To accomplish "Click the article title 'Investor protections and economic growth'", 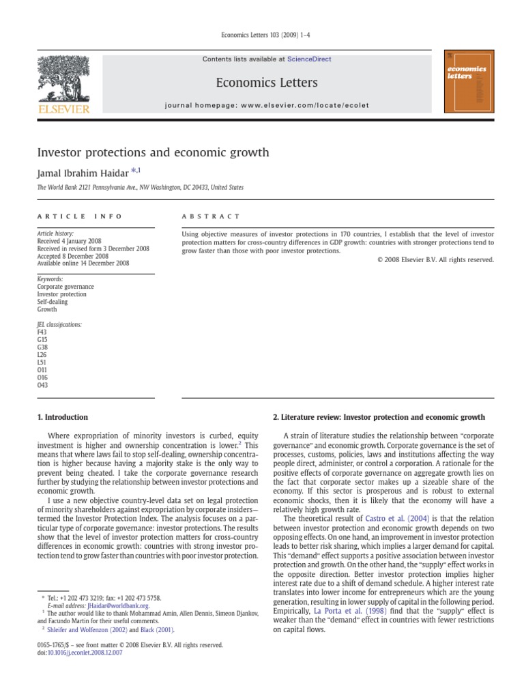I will [154, 152].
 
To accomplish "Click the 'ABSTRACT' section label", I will [211, 216].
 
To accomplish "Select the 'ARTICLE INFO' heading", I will [80, 216].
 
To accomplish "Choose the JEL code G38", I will [42, 347].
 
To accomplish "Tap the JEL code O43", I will [42, 384].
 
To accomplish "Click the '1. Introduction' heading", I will [62, 417].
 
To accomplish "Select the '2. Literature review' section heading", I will [379, 417].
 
